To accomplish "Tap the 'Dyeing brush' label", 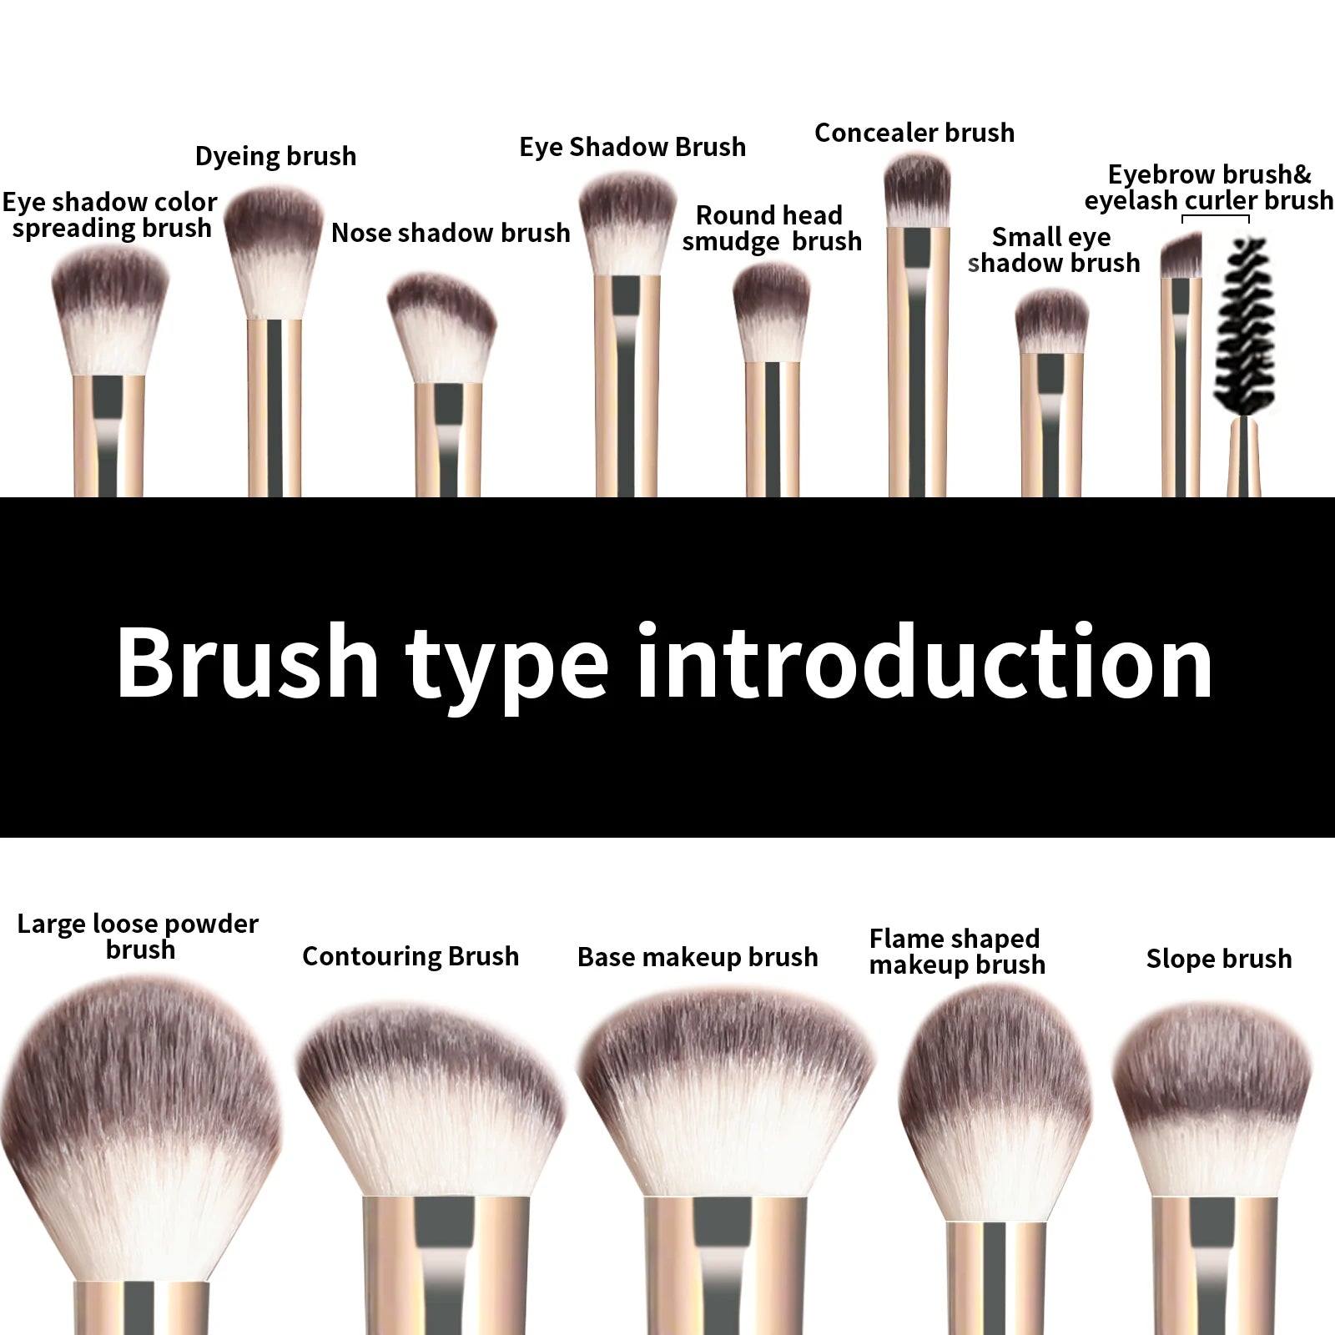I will click(x=275, y=156).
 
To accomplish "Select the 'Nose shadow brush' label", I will click(x=451, y=233).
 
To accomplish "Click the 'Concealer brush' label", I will click(x=914, y=133).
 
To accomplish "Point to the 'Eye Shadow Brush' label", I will click(x=632, y=147).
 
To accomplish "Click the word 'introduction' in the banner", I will click(x=924, y=663).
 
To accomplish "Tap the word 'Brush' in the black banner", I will click(x=247, y=663).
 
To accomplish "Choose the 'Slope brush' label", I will click(x=1218, y=959).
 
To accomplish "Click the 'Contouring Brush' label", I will click(x=411, y=956).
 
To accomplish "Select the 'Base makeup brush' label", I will click(x=698, y=957).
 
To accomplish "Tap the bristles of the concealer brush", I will click(x=917, y=190).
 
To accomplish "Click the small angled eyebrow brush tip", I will click(x=1181, y=256).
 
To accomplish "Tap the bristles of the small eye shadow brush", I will click(x=1051, y=321).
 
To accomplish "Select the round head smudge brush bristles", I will click(x=772, y=313).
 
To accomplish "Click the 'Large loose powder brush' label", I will click(x=138, y=936).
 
